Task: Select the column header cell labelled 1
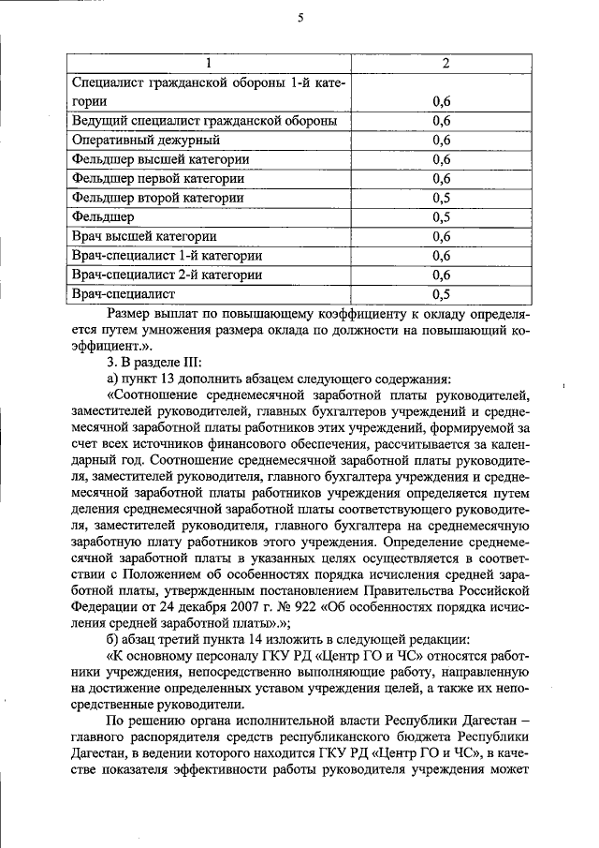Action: [x=208, y=63]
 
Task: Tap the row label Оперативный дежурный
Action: [x=146, y=141]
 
